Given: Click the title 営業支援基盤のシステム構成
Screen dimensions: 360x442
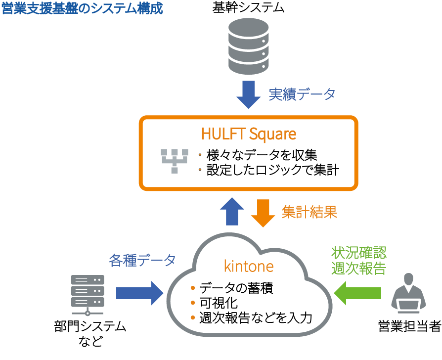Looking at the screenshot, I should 82,9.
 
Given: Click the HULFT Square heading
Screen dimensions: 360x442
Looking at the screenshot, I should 248,134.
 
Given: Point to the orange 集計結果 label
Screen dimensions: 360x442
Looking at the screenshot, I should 309,213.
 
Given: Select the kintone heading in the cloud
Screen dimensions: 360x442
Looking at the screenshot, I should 249,266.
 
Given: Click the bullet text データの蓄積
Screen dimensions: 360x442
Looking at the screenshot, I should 236,288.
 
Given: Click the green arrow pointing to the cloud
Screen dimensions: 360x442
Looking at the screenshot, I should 358,293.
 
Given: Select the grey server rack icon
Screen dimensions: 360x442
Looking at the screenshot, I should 88,295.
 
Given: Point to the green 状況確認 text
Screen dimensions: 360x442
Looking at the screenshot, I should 358,253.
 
